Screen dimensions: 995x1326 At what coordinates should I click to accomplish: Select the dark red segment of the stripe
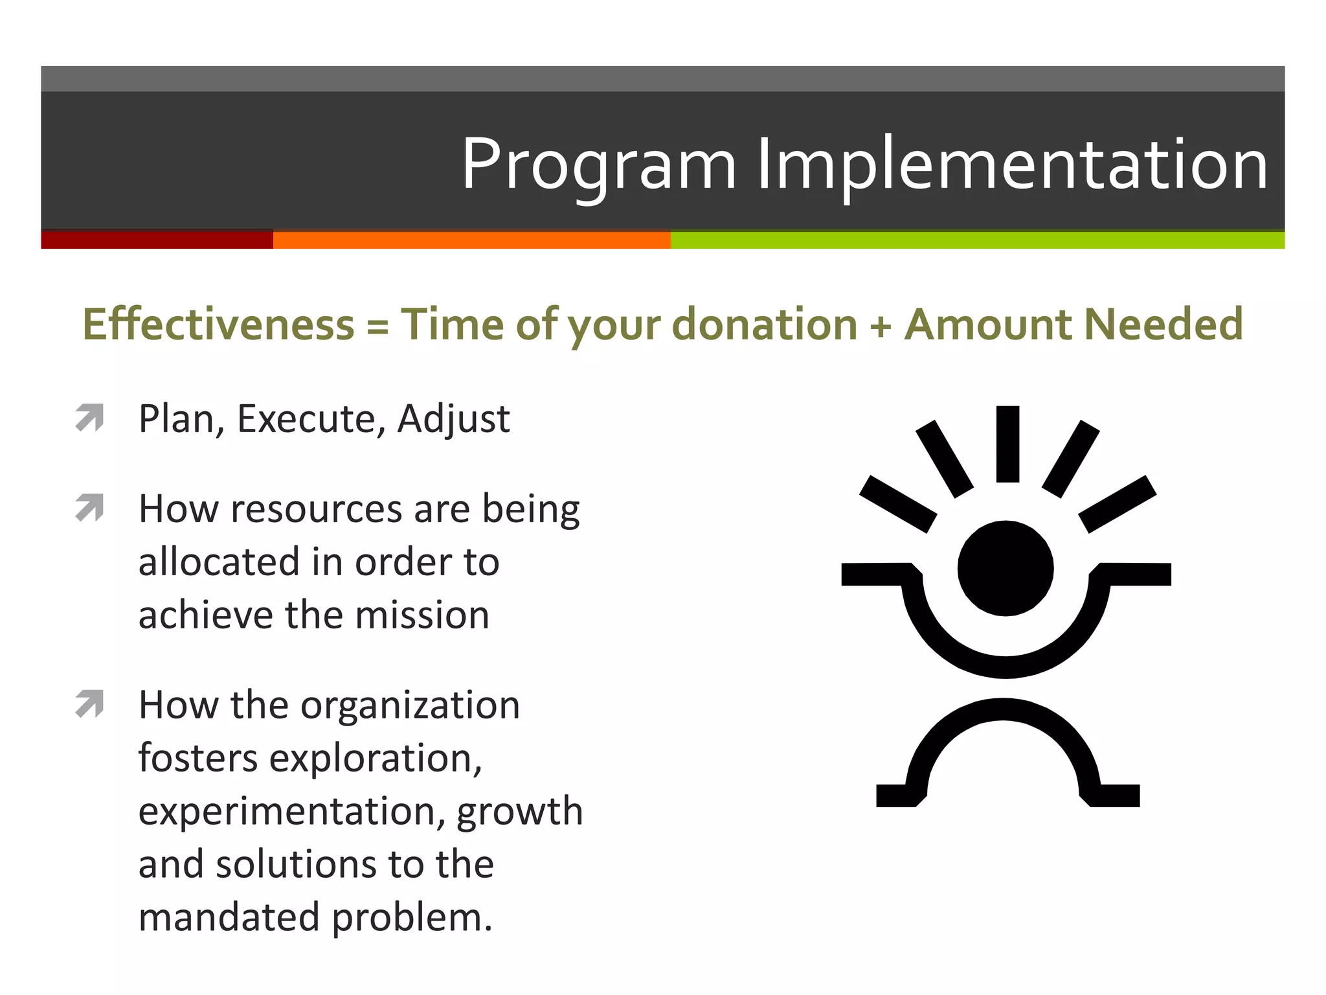(x=157, y=240)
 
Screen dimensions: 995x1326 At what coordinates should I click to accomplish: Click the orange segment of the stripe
(x=471, y=240)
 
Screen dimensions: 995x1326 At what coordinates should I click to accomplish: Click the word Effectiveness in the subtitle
(x=218, y=324)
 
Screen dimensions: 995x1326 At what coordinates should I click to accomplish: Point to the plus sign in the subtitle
(x=881, y=325)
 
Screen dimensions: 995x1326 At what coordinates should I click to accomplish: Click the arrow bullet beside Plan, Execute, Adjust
(x=89, y=418)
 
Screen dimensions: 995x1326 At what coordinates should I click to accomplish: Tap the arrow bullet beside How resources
(x=89, y=508)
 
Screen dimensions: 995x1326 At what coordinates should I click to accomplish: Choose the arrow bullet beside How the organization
(x=89, y=704)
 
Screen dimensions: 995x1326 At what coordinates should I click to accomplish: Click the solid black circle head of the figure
(x=1006, y=568)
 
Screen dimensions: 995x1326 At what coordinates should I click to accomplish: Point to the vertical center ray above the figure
(x=1007, y=444)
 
